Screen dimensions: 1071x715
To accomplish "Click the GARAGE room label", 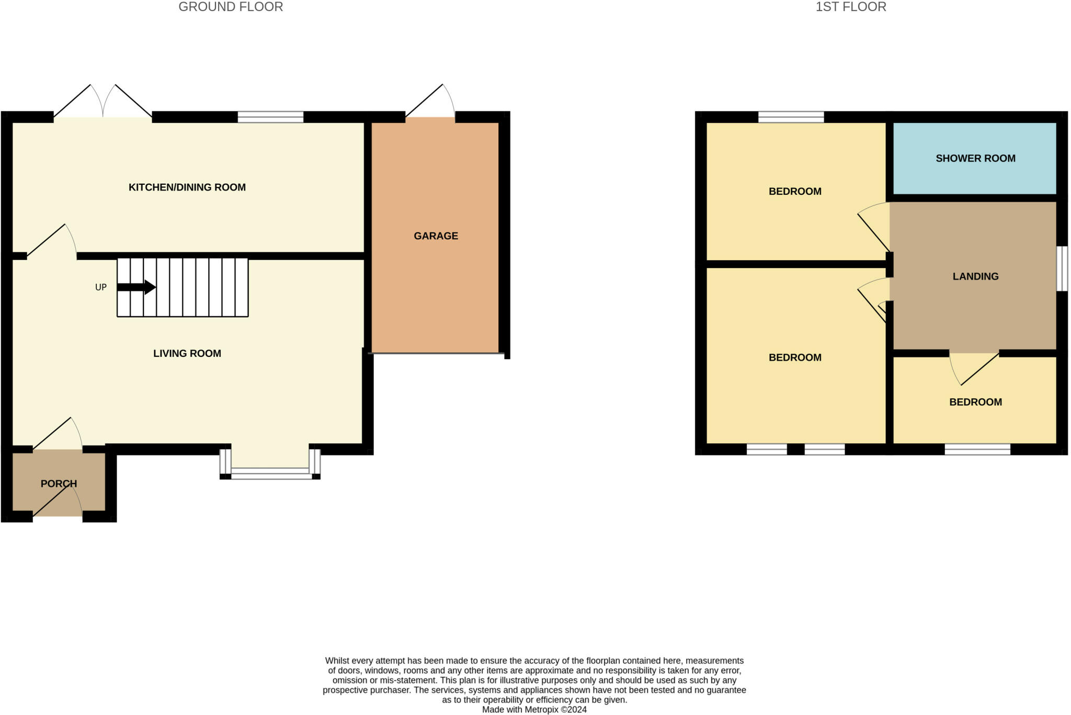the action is (436, 236).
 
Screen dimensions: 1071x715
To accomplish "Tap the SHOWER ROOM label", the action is (975, 158).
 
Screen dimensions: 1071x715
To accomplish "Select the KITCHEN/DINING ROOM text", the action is (187, 187).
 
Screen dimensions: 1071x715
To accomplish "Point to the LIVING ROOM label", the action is (187, 353).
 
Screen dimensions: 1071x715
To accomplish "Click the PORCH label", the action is (59, 484).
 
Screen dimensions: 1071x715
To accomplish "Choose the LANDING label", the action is (975, 276).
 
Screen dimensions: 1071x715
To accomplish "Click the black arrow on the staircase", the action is (136, 287).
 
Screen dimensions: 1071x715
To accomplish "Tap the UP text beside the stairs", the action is (101, 287).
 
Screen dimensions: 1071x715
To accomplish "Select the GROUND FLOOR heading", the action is (231, 7).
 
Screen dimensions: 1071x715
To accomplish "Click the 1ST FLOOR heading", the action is (851, 7).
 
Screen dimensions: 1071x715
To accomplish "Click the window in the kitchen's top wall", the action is (270, 117).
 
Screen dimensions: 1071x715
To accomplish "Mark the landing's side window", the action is (1062, 269).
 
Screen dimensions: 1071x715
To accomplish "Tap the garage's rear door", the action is (430, 102).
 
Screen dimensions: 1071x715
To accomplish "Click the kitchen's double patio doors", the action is (103, 101).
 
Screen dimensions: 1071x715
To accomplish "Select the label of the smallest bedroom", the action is (975, 402).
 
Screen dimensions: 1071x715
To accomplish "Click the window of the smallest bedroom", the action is (977, 449).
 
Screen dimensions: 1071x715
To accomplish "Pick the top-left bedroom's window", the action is (791, 117).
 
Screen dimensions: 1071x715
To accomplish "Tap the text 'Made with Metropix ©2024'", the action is (534, 710).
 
